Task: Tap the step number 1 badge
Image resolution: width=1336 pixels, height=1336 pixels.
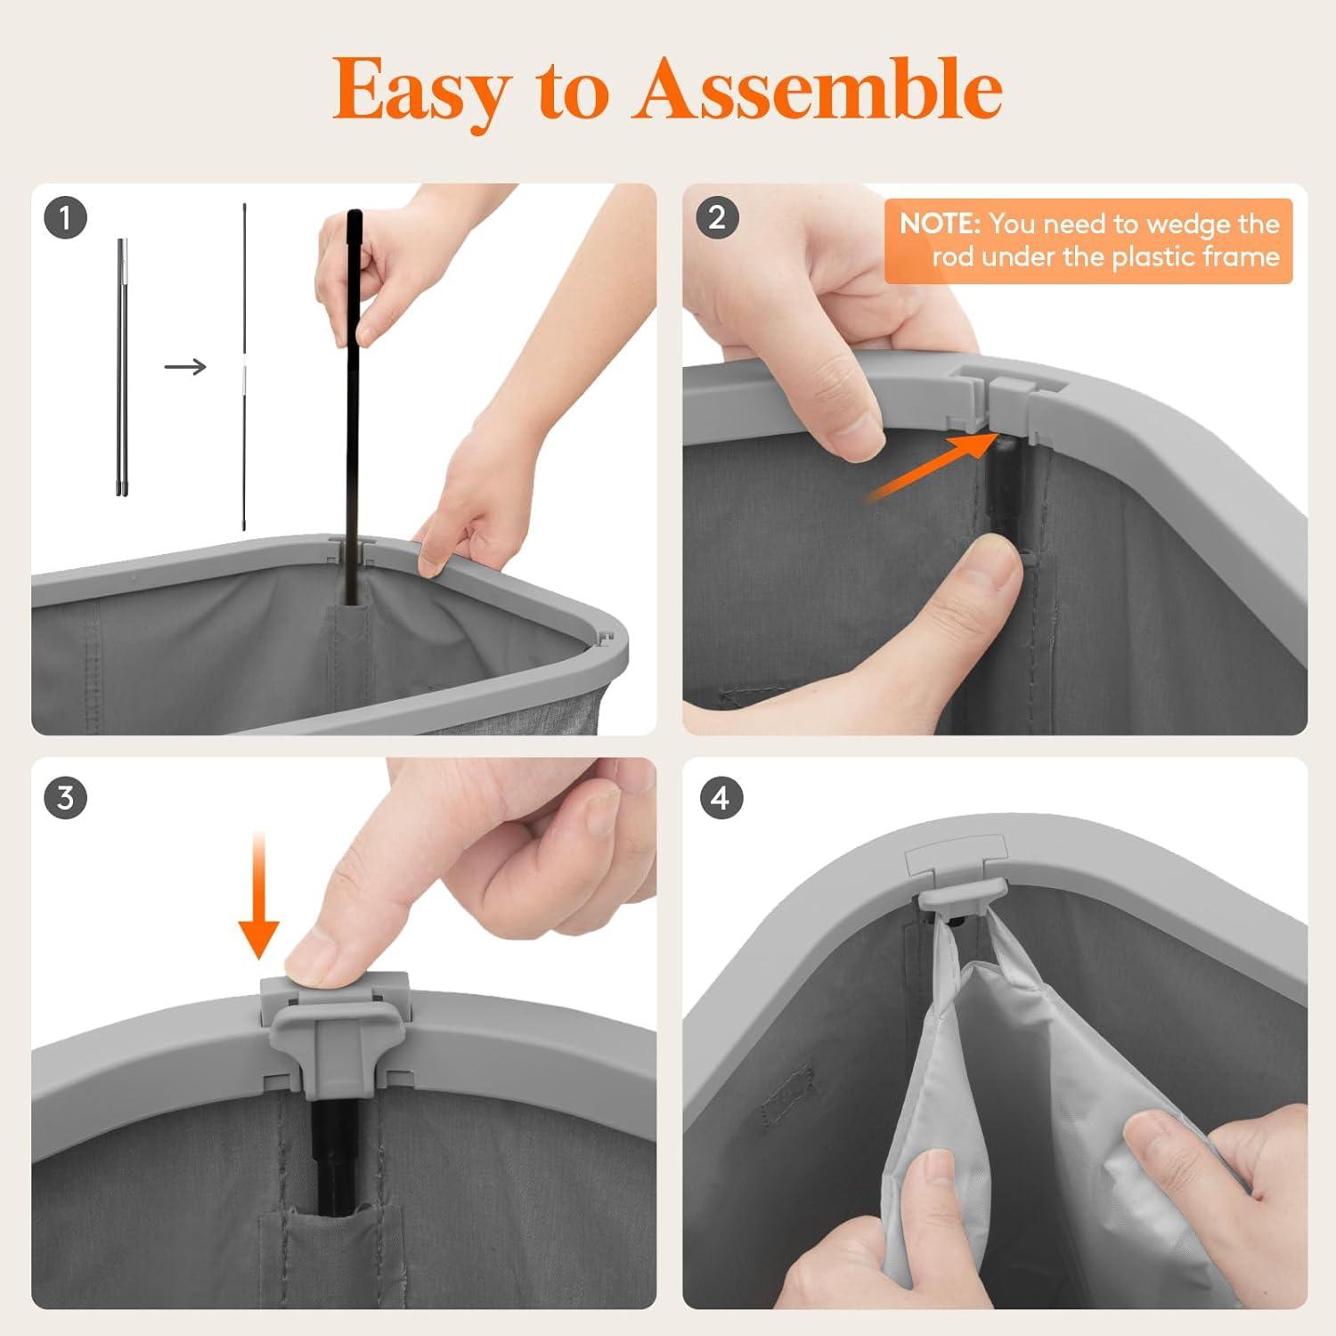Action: (65, 217)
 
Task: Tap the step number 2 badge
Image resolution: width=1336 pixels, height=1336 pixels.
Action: (717, 217)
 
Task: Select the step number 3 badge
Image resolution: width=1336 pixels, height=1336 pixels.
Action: (65, 797)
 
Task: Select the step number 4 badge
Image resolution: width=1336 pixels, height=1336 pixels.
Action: (720, 797)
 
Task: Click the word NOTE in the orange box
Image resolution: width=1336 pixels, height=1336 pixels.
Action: (940, 224)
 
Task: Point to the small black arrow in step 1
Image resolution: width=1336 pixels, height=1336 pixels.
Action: (185, 366)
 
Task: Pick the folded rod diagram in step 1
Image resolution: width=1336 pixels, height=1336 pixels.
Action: (122, 366)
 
